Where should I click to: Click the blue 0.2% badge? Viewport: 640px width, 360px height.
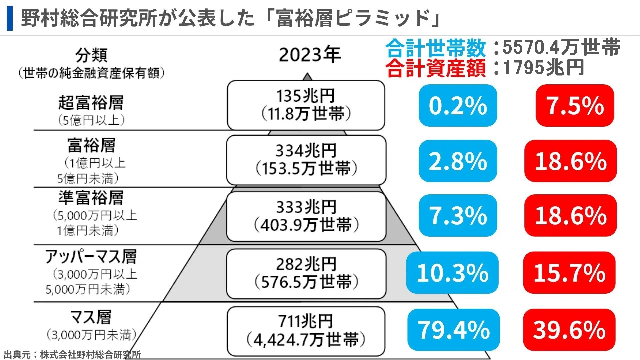pyautogui.click(x=458, y=105)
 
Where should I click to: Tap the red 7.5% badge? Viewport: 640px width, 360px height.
pyautogui.click(x=575, y=105)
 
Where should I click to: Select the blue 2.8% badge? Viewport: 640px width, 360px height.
pyautogui.click(x=458, y=161)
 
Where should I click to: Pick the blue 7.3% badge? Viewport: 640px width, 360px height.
pyautogui.click(x=458, y=215)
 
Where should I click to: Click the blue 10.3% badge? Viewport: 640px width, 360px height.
pyautogui.click(x=452, y=273)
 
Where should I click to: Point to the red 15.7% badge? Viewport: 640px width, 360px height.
pyautogui.click(x=569, y=273)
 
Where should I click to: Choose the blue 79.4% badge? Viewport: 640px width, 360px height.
pyautogui.click(x=453, y=330)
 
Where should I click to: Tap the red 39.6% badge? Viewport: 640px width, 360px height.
pyautogui.click(x=569, y=330)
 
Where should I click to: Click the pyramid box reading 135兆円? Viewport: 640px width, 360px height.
pyautogui.click(x=306, y=105)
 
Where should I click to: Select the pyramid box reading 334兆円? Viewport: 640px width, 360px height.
pyautogui.click(x=306, y=160)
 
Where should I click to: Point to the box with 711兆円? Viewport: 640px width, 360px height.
pyautogui.click(x=306, y=331)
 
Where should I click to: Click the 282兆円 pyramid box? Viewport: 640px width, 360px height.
pyautogui.click(x=306, y=274)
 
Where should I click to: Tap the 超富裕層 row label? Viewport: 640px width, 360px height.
pyautogui.click(x=91, y=102)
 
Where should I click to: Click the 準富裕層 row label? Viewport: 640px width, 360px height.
pyautogui.click(x=91, y=198)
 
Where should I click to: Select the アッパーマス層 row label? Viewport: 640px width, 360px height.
pyautogui.click(x=91, y=256)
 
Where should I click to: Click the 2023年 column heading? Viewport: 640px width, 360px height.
pyautogui.click(x=310, y=55)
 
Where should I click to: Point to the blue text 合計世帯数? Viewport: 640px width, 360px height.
pyautogui.click(x=435, y=48)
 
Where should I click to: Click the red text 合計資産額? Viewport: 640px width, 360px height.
pyautogui.click(x=435, y=68)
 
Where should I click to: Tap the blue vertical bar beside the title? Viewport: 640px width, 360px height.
pyautogui.click(x=10, y=18)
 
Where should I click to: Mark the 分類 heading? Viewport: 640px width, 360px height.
pyautogui.click(x=91, y=55)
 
